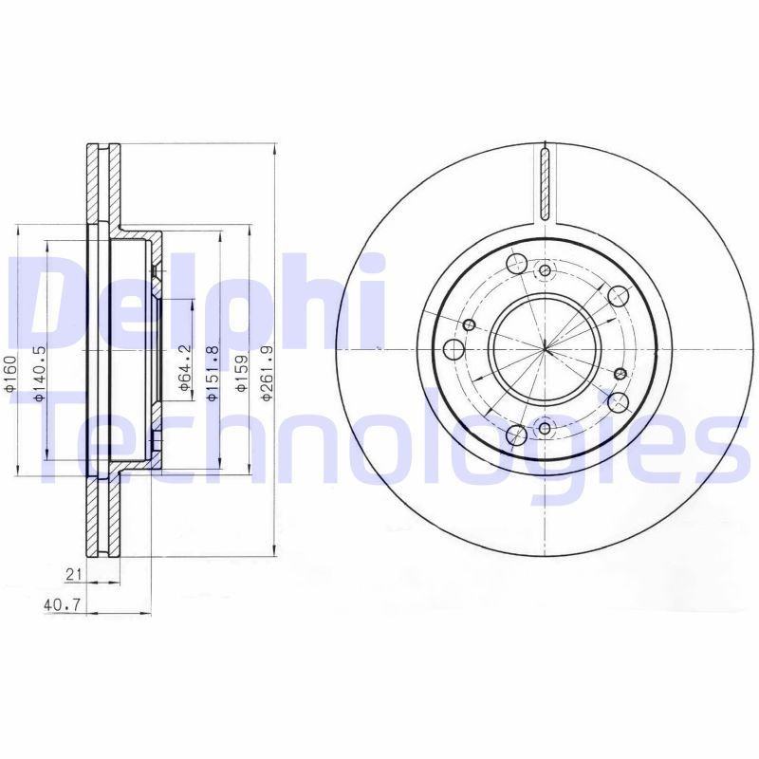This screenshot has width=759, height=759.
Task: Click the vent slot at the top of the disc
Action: point(545,182)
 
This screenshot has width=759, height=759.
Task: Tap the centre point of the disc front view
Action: point(545,349)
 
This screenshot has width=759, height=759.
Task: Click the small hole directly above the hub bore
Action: point(545,270)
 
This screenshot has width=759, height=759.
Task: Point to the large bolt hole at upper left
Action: point(518,264)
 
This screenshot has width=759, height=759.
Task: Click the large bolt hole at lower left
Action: point(518,435)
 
